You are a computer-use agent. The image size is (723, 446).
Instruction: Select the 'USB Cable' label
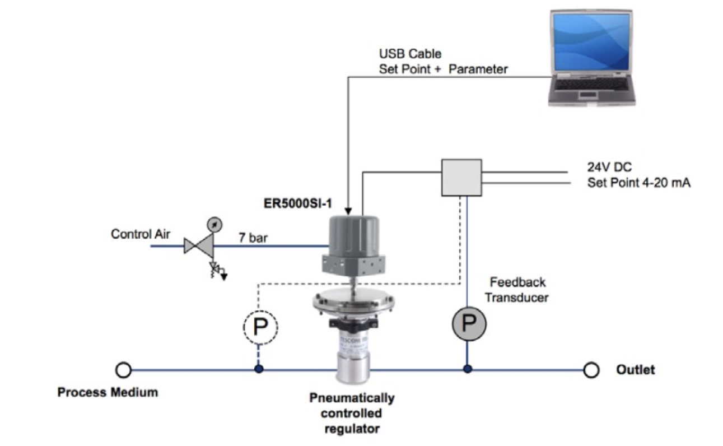click(x=410, y=54)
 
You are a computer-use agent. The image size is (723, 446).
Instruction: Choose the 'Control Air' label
click(x=140, y=234)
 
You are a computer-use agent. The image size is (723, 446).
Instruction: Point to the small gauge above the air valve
click(x=214, y=224)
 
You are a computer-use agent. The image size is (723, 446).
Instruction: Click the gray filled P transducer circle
click(x=468, y=322)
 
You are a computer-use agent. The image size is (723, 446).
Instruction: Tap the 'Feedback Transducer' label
click(x=516, y=289)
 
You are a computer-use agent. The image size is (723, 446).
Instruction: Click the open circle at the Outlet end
click(x=591, y=370)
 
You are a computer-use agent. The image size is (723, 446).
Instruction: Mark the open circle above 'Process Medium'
click(x=124, y=370)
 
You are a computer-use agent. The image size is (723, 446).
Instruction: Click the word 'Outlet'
click(x=635, y=370)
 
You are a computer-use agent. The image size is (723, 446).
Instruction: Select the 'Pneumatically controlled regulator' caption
click(x=352, y=414)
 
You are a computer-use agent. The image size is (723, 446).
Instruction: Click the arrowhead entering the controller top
click(x=348, y=212)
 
